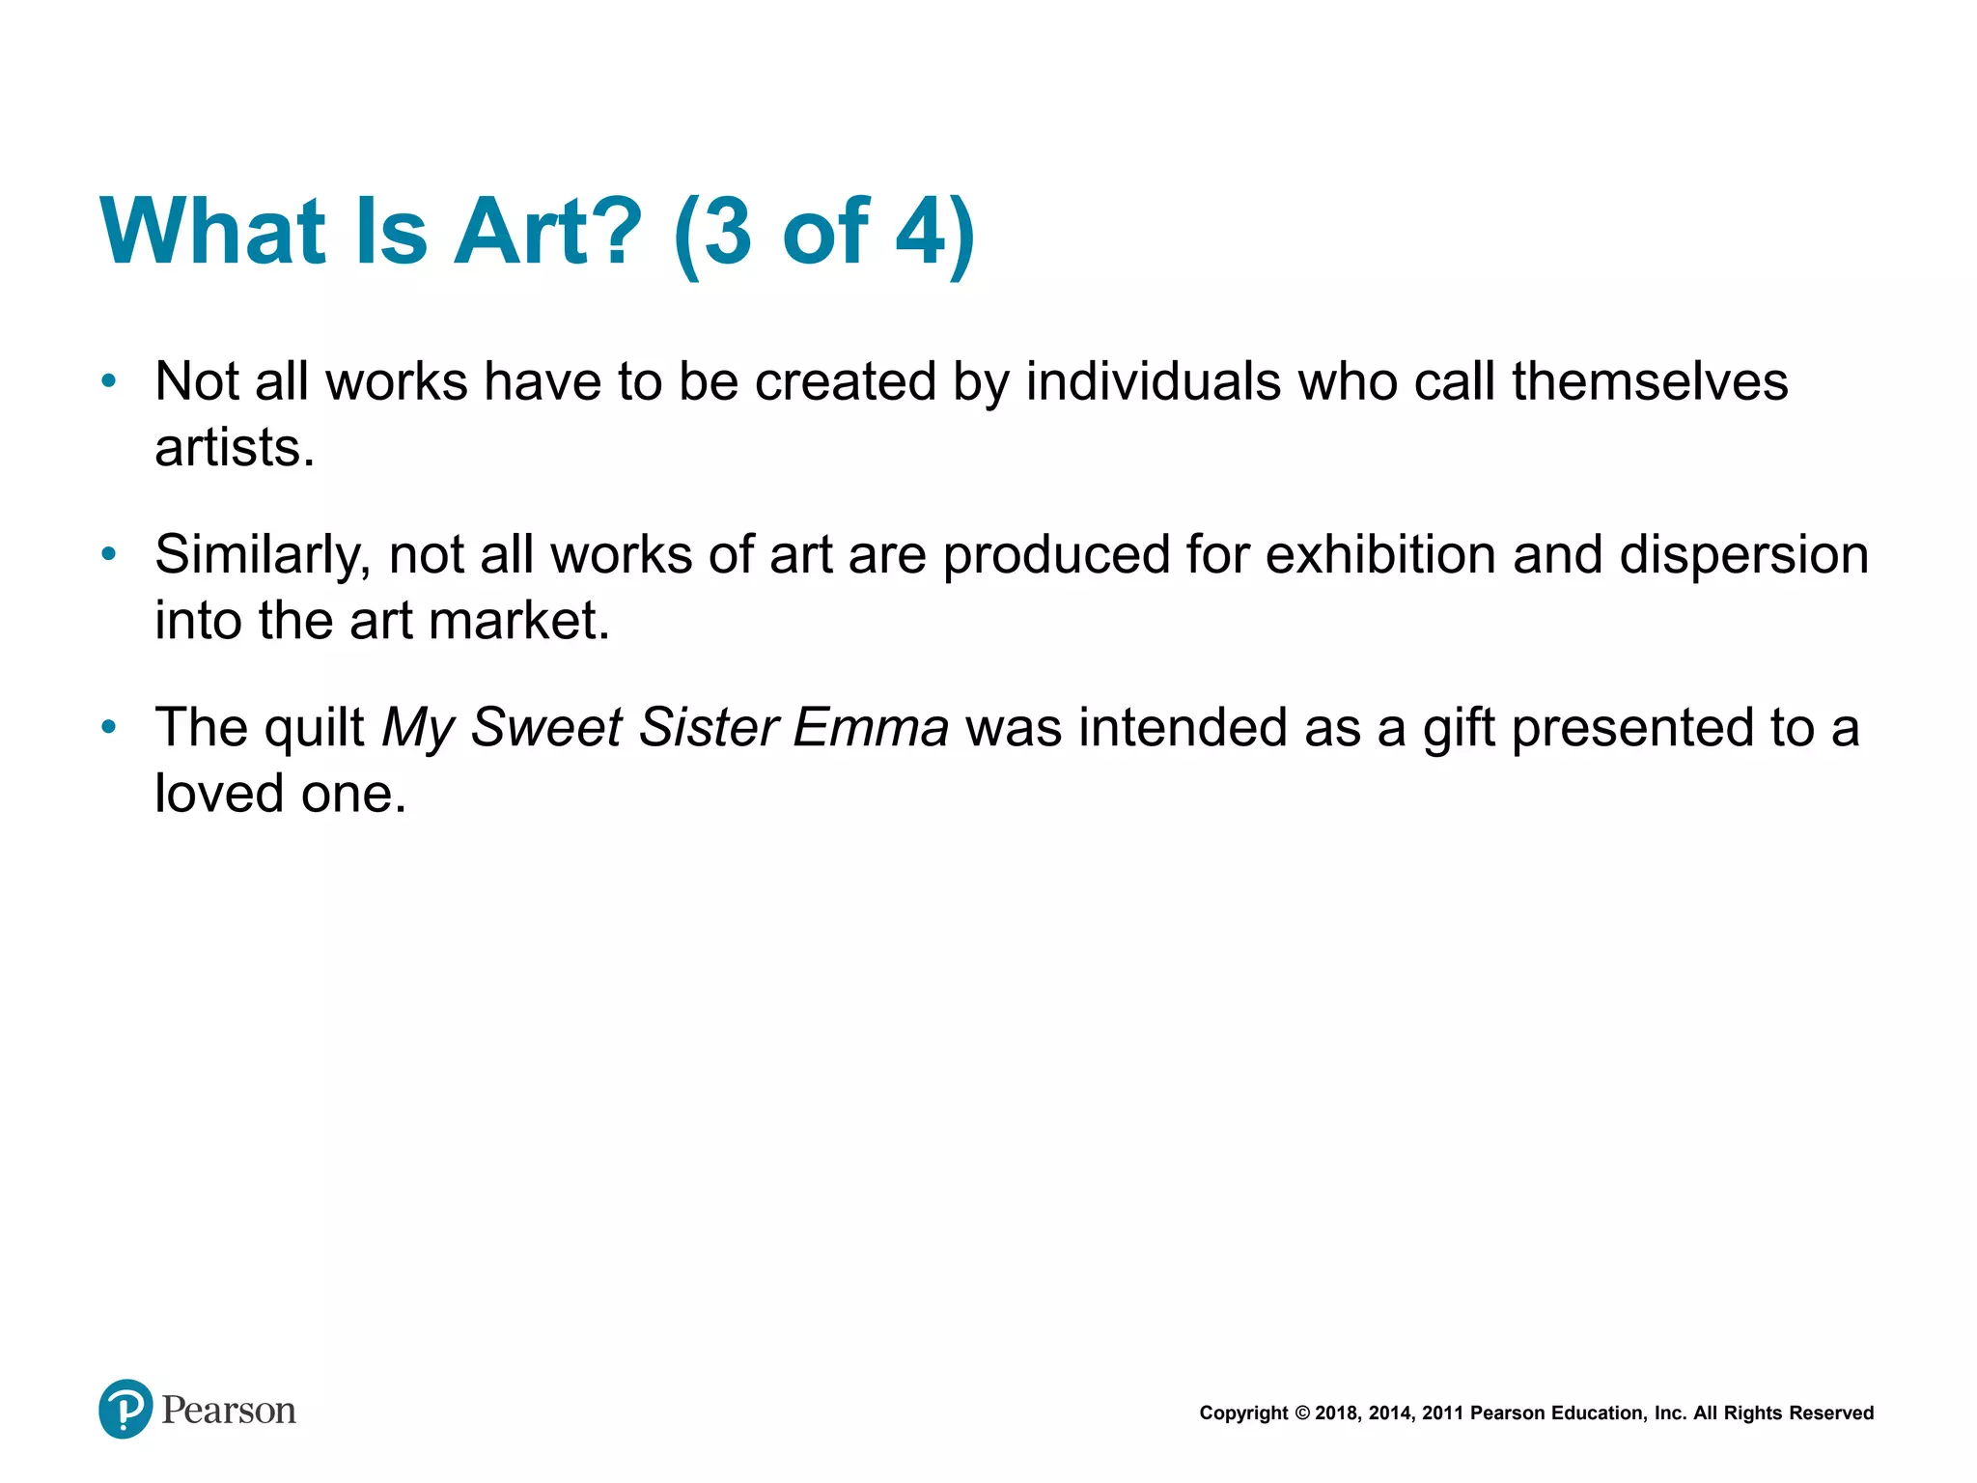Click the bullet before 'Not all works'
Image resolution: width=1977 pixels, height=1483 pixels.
pyautogui.click(x=109, y=381)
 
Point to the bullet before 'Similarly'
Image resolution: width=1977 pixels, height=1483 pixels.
pyautogui.click(x=109, y=554)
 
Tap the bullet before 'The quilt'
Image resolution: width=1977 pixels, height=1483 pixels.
pyautogui.click(x=109, y=726)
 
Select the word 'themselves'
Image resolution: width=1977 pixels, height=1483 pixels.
pyautogui.click(x=1650, y=381)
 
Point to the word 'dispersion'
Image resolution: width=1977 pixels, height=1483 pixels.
pyautogui.click(x=1743, y=556)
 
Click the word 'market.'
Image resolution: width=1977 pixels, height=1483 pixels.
pyautogui.click(x=519, y=620)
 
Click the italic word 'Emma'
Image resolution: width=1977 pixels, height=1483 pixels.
pyautogui.click(x=870, y=727)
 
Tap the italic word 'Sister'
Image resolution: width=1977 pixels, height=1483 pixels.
pyautogui.click(x=707, y=727)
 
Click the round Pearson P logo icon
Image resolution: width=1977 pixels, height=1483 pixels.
pyautogui.click(x=125, y=1409)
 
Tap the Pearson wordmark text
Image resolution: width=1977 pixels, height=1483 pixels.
pyautogui.click(x=229, y=1411)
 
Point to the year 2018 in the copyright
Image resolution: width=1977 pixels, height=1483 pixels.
pyautogui.click(x=1335, y=1413)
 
